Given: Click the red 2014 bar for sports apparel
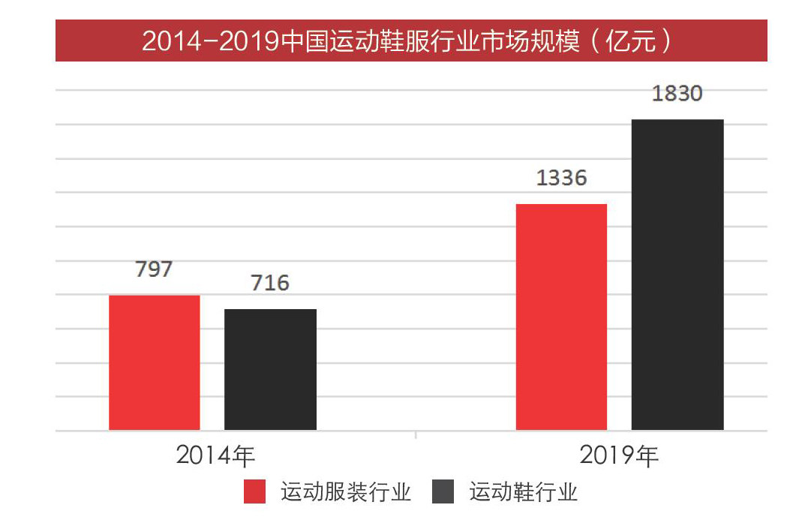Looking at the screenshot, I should click(155, 362).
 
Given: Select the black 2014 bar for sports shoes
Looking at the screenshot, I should click(270, 369).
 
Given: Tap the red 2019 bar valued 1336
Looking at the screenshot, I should click(561, 317).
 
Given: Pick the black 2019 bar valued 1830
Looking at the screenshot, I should click(677, 275).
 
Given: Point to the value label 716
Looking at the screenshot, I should click(270, 284).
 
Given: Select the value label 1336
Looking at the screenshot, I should click(561, 179).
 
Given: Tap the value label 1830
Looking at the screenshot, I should click(677, 95).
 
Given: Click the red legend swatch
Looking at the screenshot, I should click(255, 492).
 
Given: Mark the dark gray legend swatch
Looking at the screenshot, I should click(444, 492).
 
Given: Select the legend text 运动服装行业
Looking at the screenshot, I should click(346, 492).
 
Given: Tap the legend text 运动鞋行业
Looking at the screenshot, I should click(524, 492).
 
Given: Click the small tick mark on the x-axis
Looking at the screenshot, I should click(416, 434).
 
